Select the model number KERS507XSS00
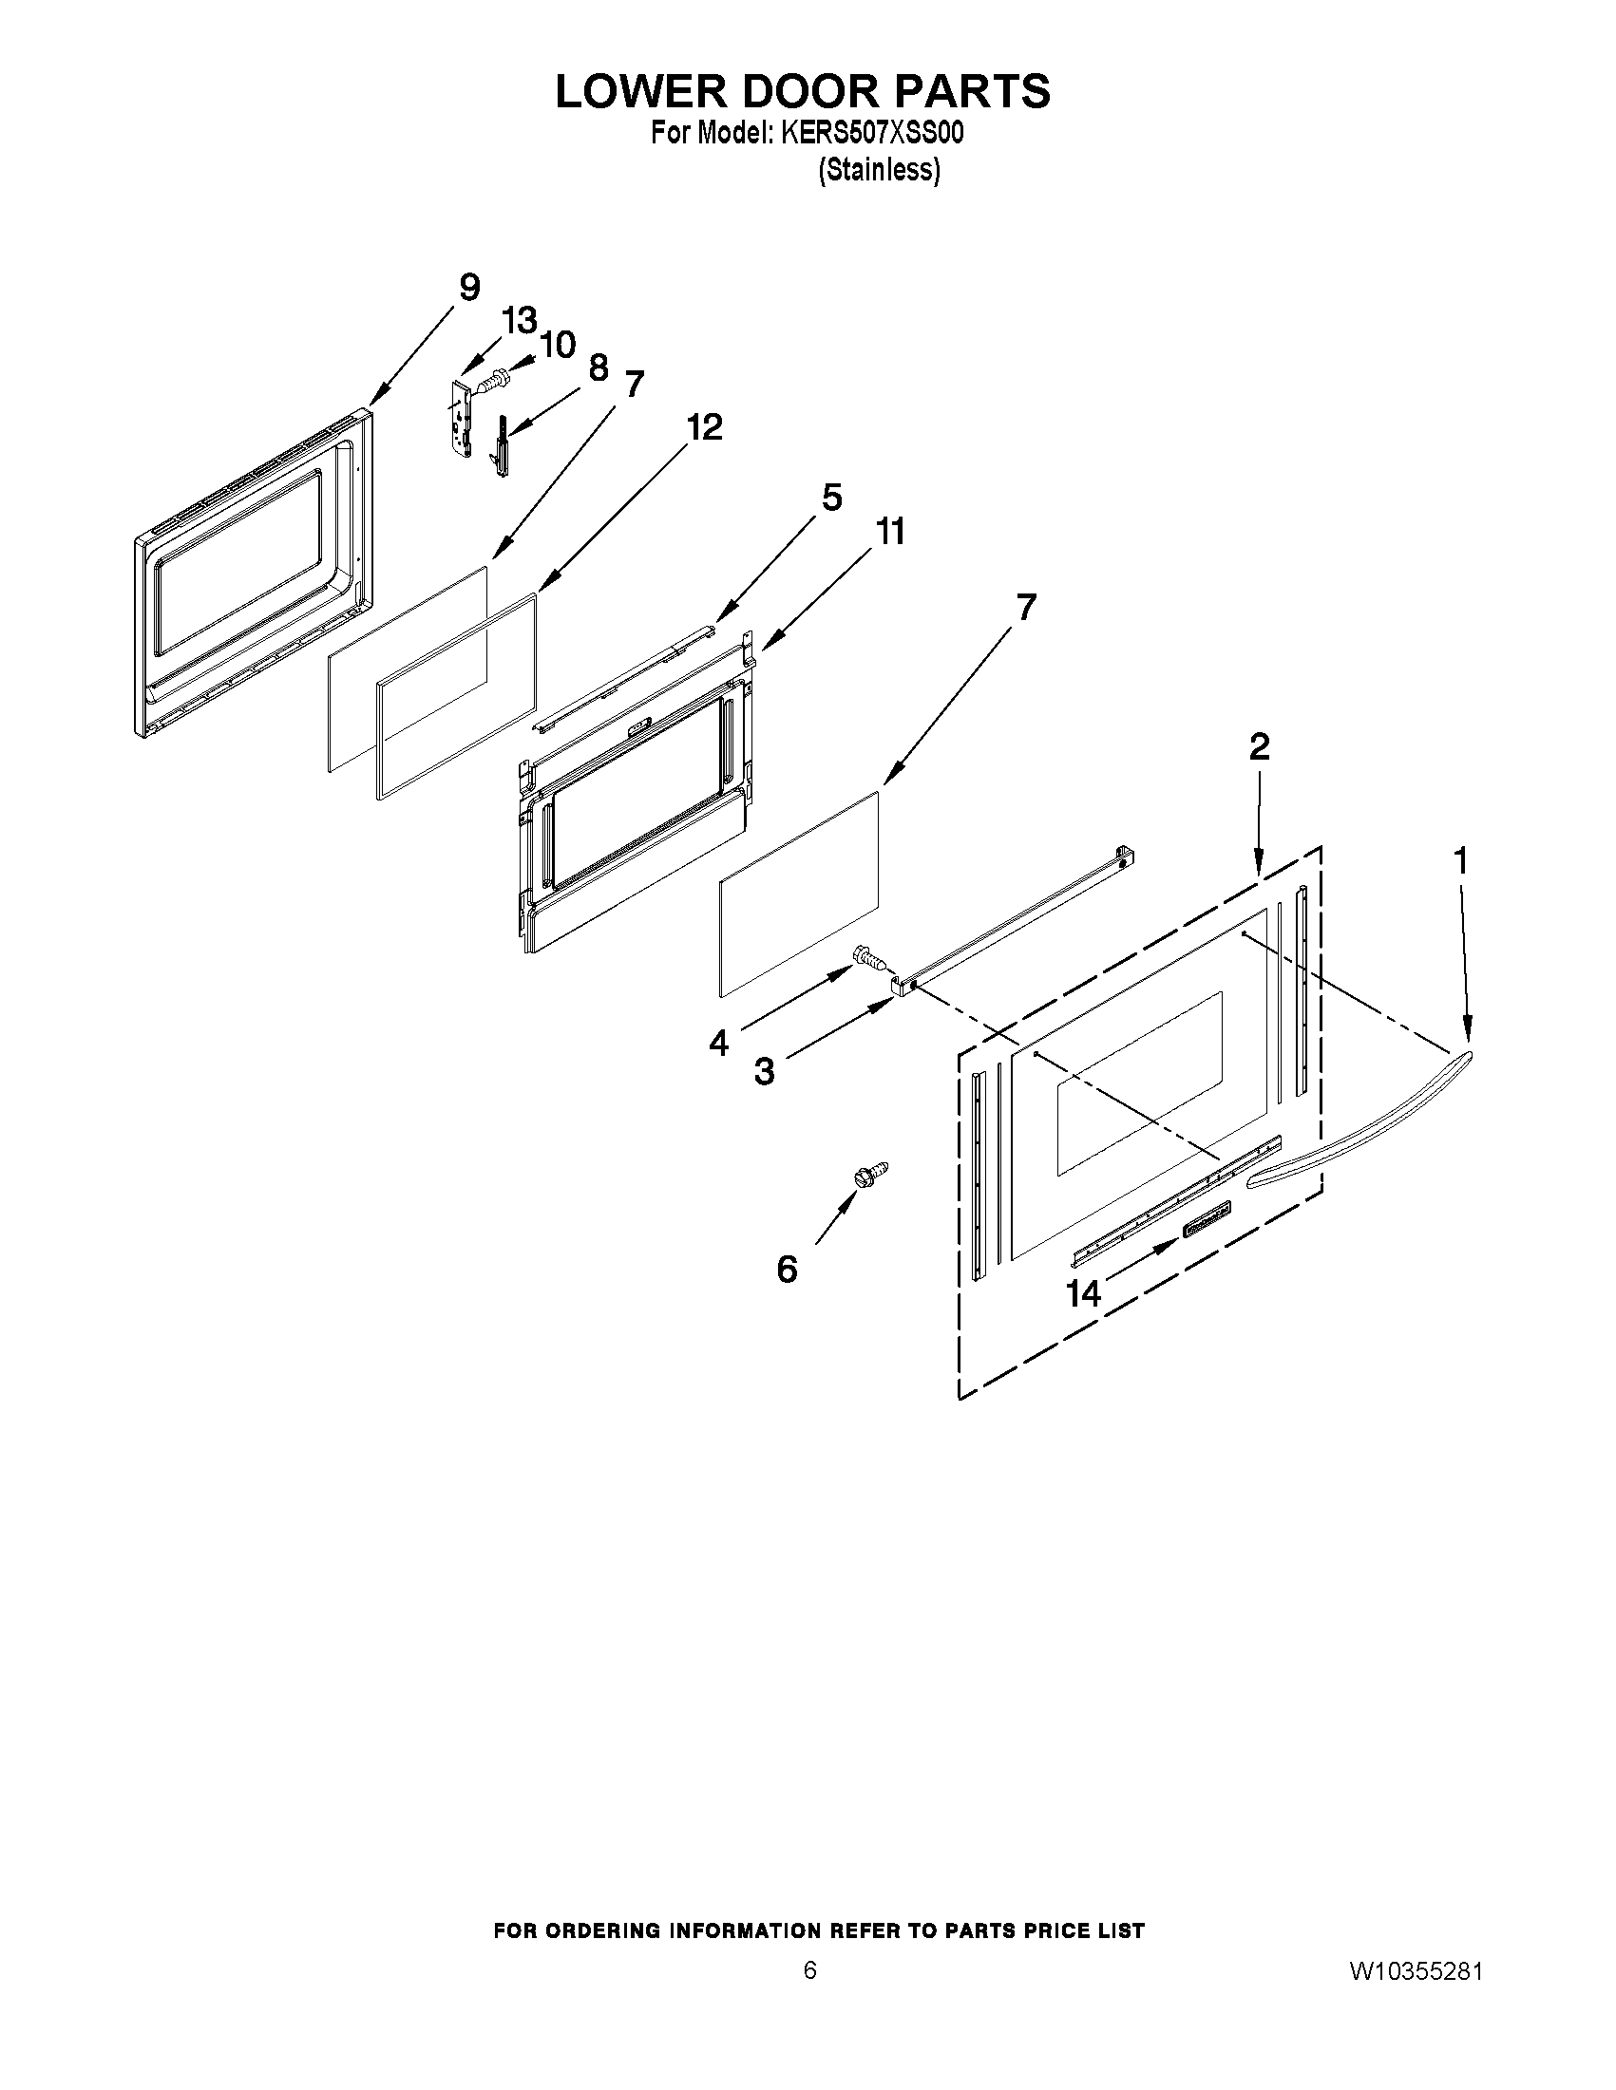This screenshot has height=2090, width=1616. [871, 134]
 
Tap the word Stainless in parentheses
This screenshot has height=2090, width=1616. [879, 170]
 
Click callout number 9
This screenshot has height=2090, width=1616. [469, 287]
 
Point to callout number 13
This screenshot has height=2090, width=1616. [521, 322]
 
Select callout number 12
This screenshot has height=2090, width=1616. [705, 426]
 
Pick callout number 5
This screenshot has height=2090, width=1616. [831, 498]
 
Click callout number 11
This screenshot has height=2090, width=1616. [890, 532]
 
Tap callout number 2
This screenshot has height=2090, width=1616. [1259, 746]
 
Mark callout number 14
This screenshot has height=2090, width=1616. [1084, 1294]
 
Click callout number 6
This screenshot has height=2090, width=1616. [786, 1270]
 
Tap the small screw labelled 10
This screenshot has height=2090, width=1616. [494, 380]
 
